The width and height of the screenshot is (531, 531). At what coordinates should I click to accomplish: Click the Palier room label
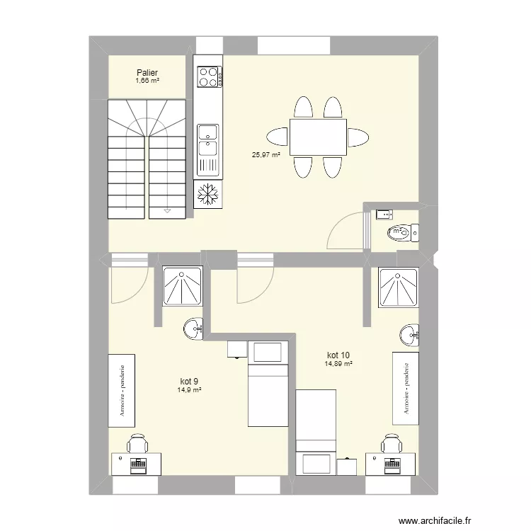(147, 72)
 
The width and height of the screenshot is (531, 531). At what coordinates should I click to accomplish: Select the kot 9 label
(190, 380)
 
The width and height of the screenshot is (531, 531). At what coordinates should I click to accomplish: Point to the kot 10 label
(338, 355)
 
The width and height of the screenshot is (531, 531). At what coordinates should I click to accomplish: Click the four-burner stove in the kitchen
(208, 76)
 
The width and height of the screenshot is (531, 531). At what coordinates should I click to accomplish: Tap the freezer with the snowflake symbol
(208, 194)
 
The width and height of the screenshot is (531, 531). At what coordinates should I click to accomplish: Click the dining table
(317, 137)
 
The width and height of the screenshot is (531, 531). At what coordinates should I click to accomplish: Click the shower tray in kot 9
(183, 287)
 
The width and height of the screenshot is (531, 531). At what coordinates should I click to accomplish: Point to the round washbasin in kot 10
(409, 334)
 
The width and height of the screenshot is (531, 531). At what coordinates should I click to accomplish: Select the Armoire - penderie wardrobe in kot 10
(406, 387)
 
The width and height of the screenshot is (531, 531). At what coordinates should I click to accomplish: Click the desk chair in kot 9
(137, 444)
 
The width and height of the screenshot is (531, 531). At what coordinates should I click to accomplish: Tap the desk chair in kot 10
(389, 444)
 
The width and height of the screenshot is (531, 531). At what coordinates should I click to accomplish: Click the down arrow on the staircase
(167, 210)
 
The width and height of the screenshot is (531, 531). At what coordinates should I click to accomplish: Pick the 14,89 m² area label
(338, 364)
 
